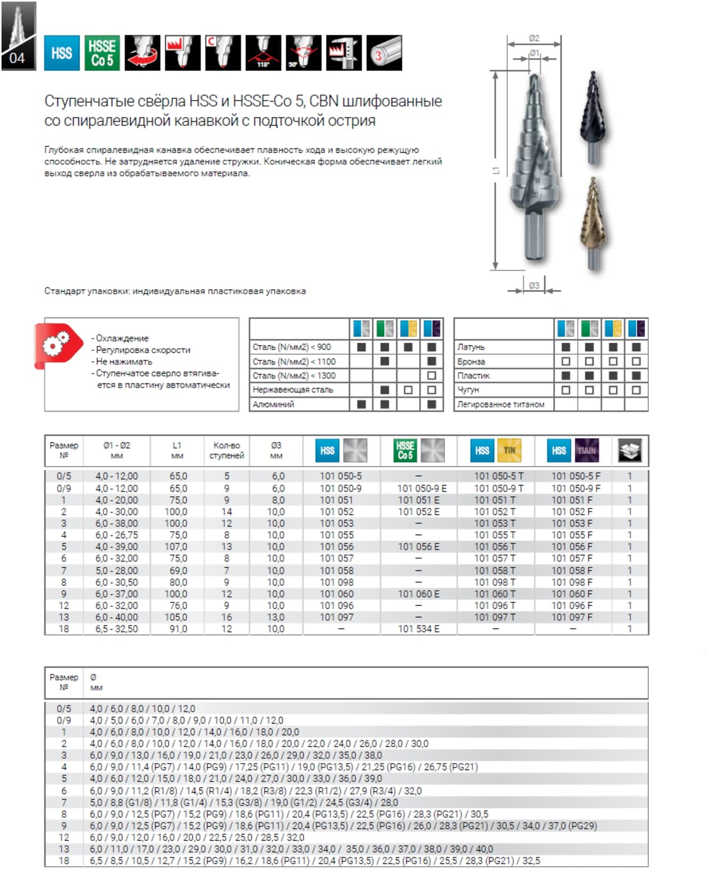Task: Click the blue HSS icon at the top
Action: [x=62, y=53]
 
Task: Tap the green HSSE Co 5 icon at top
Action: [x=102, y=53]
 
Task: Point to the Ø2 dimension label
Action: [x=534, y=38]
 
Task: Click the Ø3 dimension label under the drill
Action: [x=534, y=286]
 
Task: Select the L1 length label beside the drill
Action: [x=496, y=171]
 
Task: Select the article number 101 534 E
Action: [x=418, y=629]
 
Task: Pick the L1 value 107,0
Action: [x=176, y=547]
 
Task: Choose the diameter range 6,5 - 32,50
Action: [x=116, y=629]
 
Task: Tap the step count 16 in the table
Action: [x=227, y=617]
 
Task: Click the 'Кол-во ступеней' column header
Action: [x=227, y=450]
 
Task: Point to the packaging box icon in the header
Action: [x=630, y=451]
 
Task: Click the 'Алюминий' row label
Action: [x=273, y=404]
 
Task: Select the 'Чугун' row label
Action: [x=468, y=390]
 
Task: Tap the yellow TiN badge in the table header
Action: [x=509, y=451]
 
